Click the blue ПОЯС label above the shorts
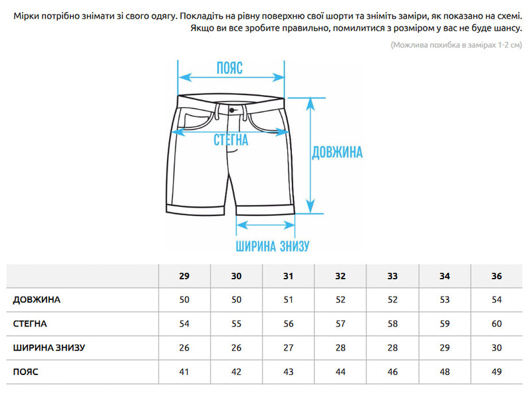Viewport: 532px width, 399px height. coord(229,68)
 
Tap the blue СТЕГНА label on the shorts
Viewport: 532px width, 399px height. coord(231,140)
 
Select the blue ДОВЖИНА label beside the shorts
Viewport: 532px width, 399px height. coord(337,152)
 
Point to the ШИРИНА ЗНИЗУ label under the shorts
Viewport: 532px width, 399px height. coord(273,246)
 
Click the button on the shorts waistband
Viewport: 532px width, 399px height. coord(232,110)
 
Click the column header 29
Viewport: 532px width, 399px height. coord(184,276)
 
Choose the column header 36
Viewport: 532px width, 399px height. coord(497,276)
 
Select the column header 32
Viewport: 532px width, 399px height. coord(340,276)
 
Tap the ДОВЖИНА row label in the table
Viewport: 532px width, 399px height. coord(37,300)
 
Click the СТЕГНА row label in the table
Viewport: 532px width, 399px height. coord(30,324)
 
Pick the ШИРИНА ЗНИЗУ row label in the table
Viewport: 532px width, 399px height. coord(49,348)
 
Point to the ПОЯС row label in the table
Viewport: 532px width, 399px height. coord(25,372)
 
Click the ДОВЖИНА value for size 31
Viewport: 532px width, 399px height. coord(289,300)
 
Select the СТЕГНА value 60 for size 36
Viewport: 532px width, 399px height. coord(497,324)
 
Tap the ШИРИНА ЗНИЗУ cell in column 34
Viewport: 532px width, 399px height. coord(444,348)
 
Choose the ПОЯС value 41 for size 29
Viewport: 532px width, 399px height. coord(184,372)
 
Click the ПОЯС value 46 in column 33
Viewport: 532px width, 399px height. coord(392,372)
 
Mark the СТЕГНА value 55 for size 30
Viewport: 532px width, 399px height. coord(237,324)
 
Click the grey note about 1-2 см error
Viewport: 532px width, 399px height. coord(456,45)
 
